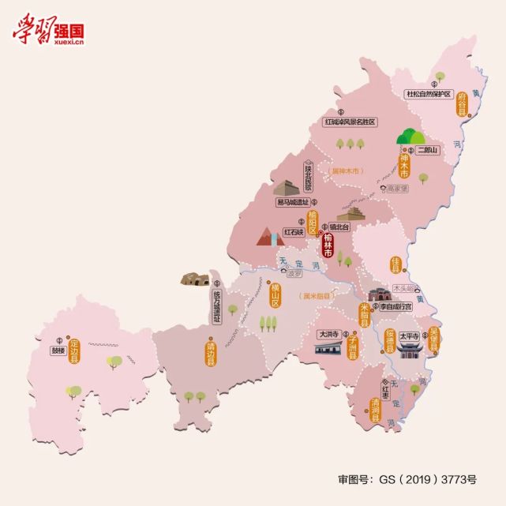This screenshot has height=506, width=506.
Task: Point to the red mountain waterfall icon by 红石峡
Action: pos(268,237)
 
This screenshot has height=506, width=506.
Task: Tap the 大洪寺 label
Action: pos(328,335)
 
